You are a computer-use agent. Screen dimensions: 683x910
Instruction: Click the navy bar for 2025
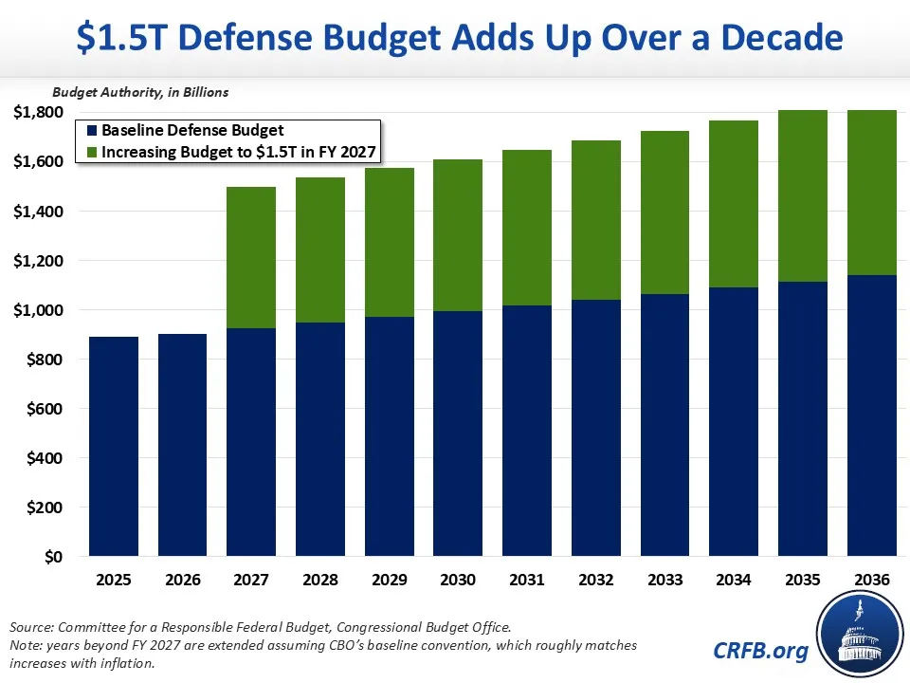click(x=114, y=446)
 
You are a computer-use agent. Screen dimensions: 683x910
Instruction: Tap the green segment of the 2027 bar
click(x=251, y=257)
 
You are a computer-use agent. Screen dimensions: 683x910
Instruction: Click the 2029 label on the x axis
click(x=390, y=579)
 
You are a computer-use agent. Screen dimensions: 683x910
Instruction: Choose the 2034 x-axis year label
click(x=735, y=579)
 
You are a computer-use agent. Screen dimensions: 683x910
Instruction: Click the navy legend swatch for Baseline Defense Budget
click(x=91, y=131)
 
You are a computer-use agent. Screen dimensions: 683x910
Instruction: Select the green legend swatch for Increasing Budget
click(x=91, y=152)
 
